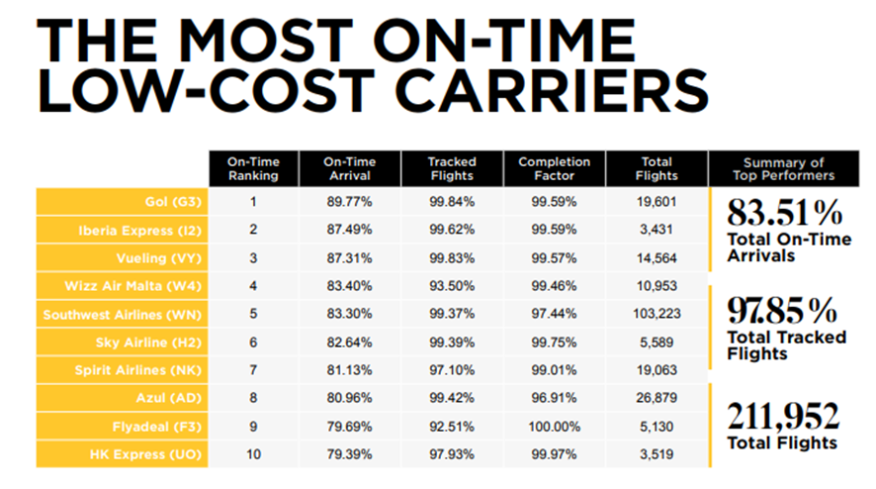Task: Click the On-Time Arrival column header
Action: click(x=349, y=168)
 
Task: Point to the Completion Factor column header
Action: click(x=554, y=168)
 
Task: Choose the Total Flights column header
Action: click(x=657, y=168)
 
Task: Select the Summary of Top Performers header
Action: click(x=788, y=168)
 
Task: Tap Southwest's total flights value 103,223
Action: click(x=657, y=315)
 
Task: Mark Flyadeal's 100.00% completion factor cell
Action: click(x=554, y=427)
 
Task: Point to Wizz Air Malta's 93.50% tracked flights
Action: click(x=451, y=286)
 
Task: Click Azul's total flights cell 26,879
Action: click(x=657, y=398)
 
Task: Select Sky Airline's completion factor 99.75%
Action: click(x=554, y=342)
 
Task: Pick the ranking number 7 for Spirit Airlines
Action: click(x=253, y=370)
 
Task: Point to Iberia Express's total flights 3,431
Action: click(x=657, y=231)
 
